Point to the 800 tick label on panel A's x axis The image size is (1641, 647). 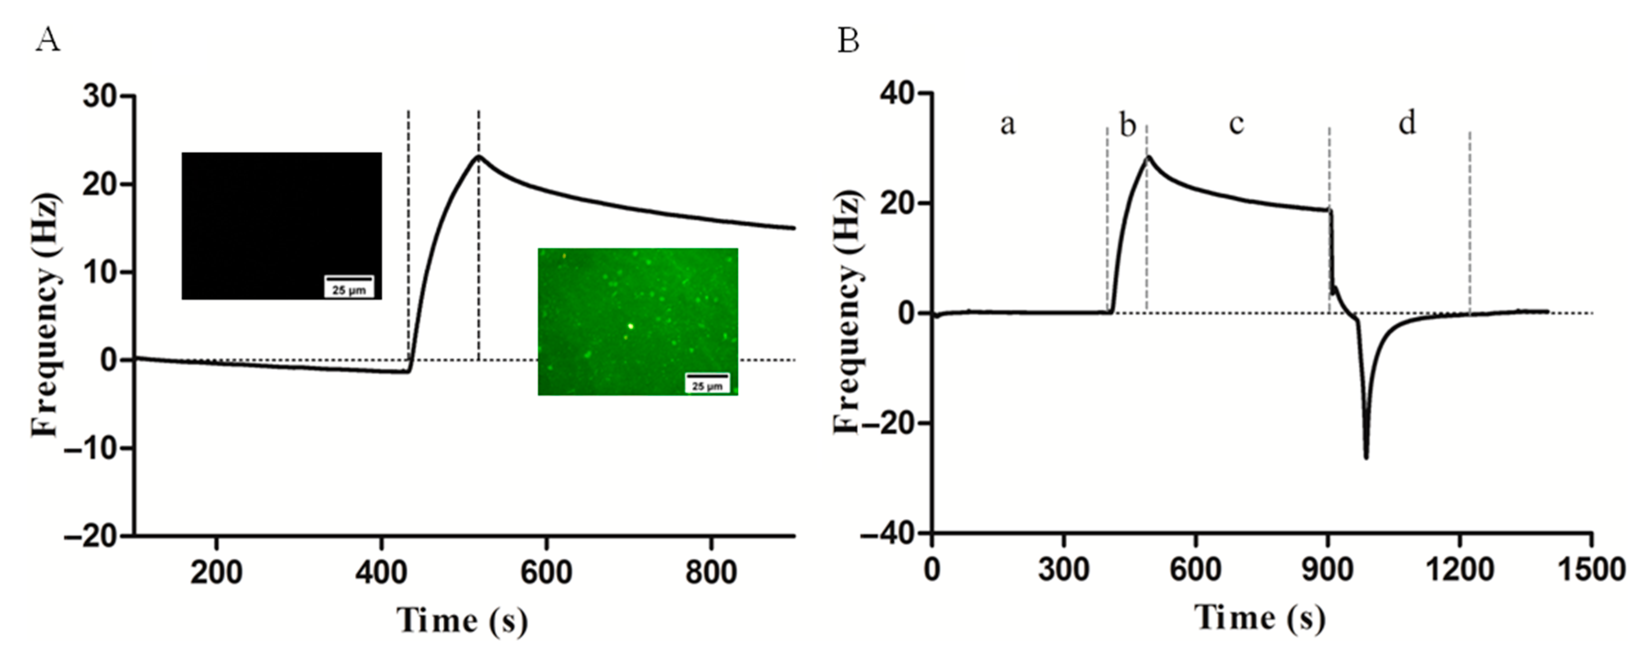[711, 572]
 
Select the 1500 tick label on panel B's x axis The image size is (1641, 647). [1591, 569]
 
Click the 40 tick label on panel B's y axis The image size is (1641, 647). [897, 93]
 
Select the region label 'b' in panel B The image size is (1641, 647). [1128, 125]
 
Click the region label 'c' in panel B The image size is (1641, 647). [1236, 123]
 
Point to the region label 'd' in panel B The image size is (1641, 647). [1407, 122]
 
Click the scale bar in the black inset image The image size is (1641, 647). [349, 278]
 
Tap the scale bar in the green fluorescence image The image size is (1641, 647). [706, 375]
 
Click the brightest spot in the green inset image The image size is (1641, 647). [630, 326]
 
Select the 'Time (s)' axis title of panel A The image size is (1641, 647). [462, 620]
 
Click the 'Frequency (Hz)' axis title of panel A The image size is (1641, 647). [46, 315]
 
